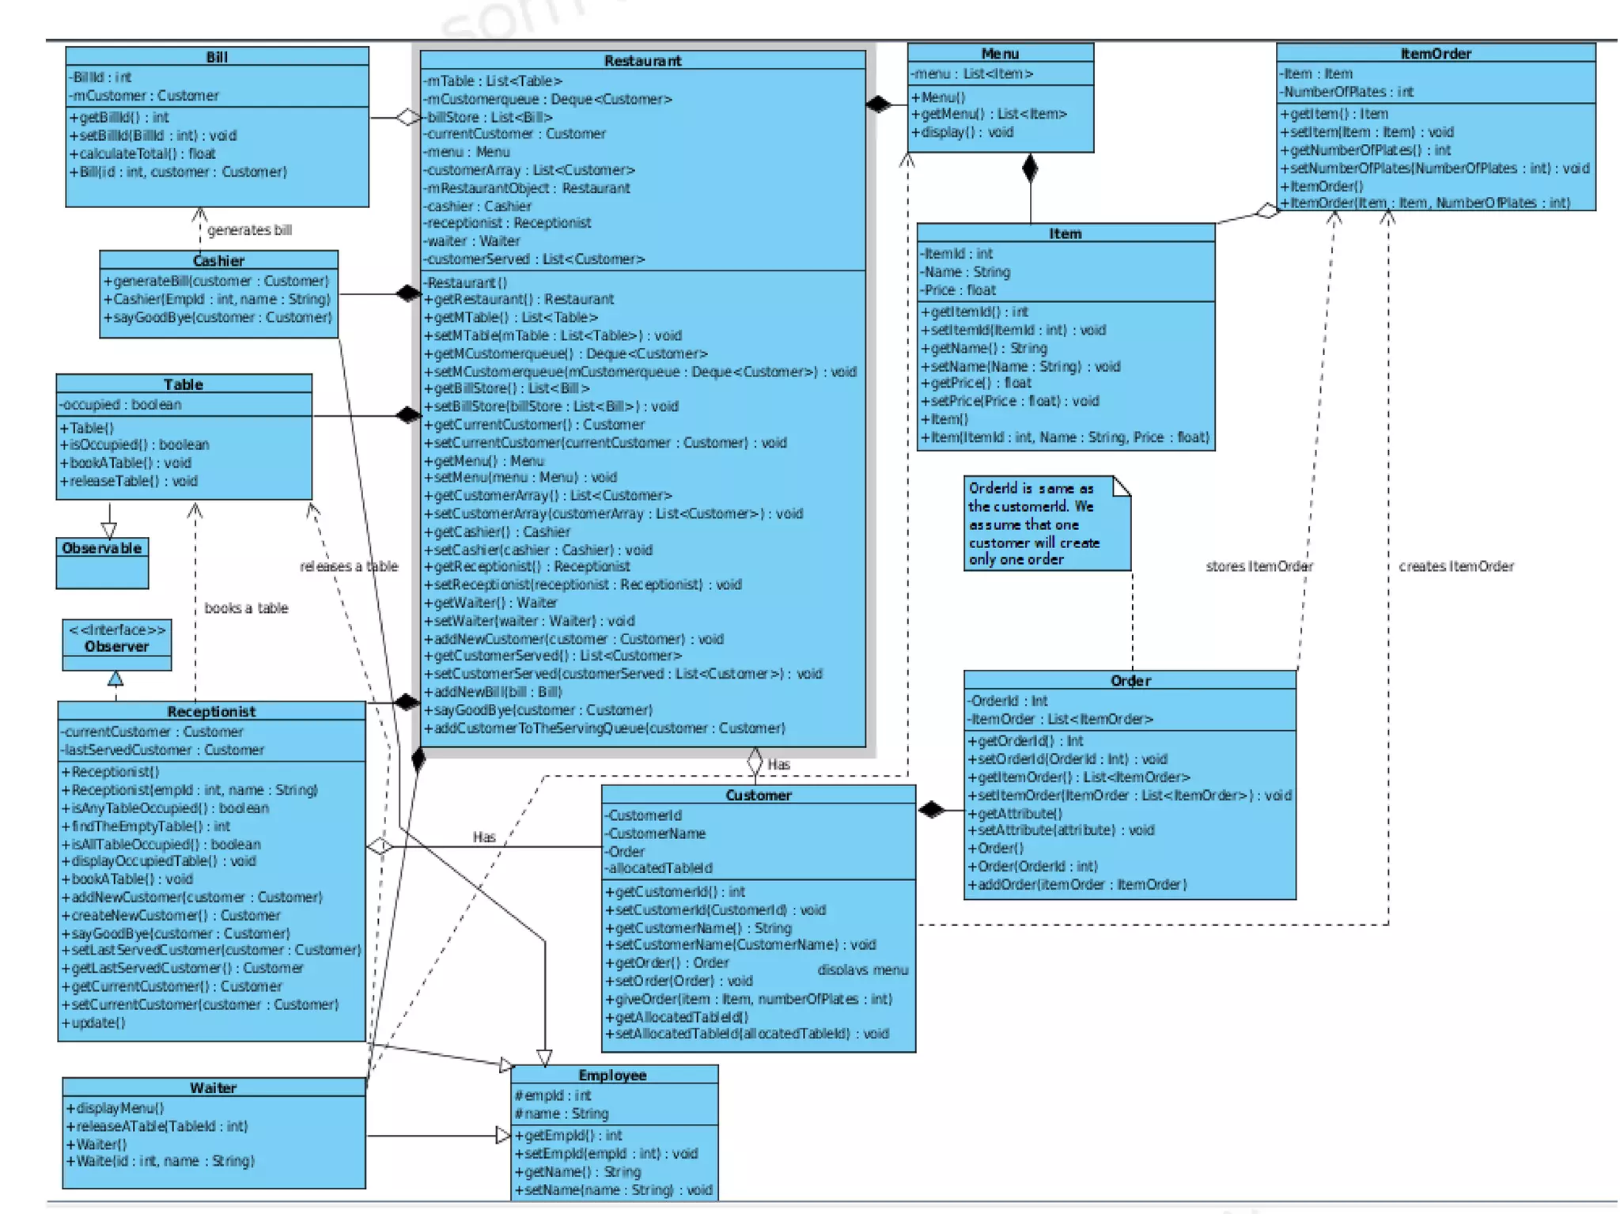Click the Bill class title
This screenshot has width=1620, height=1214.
(217, 57)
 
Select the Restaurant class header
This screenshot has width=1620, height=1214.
(642, 61)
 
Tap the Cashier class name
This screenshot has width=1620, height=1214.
(218, 261)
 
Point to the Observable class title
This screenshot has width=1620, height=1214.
(102, 548)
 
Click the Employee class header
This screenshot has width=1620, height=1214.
(612, 1076)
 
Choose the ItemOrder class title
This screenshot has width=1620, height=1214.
(1435, 54)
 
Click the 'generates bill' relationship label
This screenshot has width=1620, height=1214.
(249, 230)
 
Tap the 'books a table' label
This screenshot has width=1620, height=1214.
(246, 608)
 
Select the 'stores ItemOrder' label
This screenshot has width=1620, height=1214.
(1259, 566)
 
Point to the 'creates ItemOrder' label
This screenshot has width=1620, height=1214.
(1455, 566)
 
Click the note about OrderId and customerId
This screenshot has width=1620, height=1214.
(1046, 524)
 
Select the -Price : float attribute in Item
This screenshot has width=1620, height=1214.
(958, 290)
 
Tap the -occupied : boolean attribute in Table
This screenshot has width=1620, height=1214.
(120, 405)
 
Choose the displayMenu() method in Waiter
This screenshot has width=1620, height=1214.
(115, 1108)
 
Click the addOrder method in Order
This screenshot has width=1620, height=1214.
(1077, 884)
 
